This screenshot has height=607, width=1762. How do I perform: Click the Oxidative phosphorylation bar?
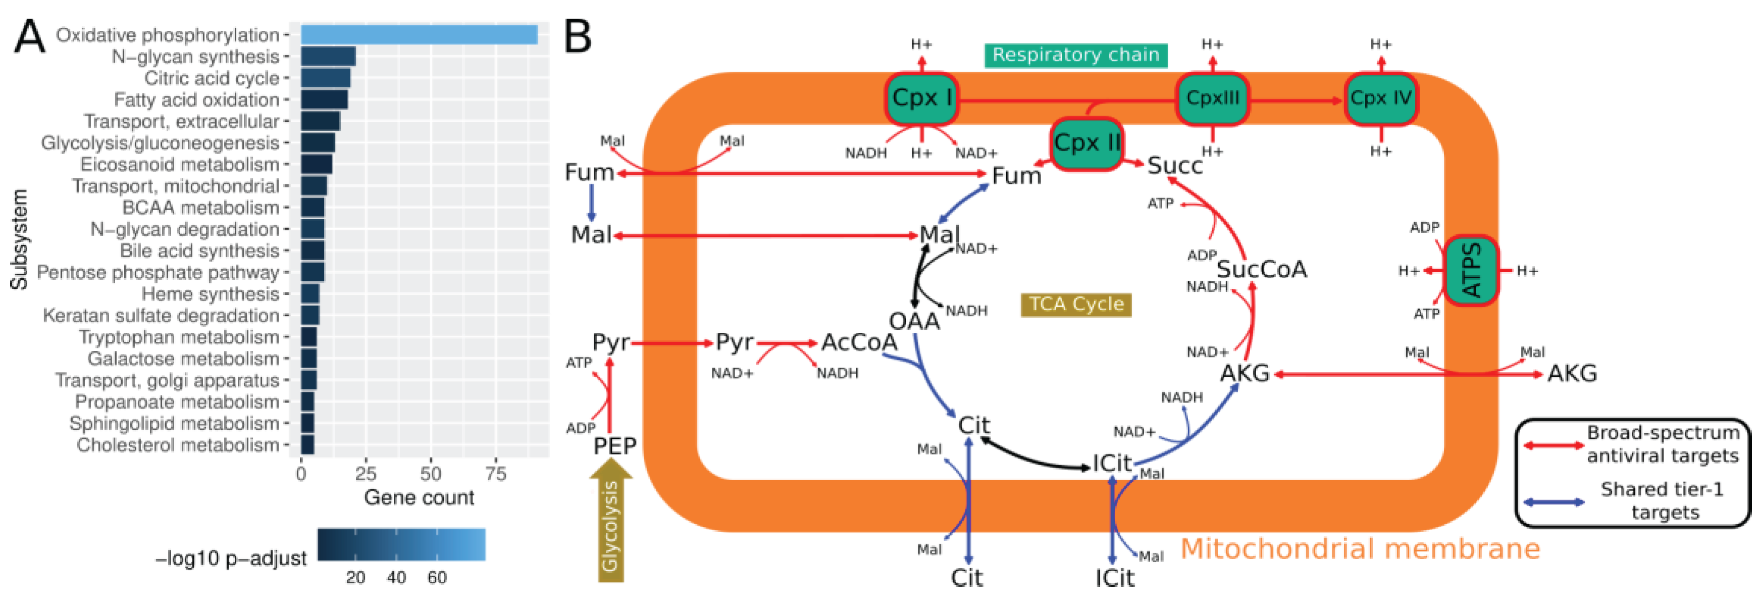[x=419, y=34]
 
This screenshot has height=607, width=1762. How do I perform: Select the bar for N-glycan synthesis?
[x=328, y=56]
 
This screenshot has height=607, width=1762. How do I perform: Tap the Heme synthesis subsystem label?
[x=210, y=294]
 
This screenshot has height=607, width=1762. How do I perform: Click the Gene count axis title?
[x=419, y=497]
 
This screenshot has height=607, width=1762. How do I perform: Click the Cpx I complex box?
[x=921, y=98]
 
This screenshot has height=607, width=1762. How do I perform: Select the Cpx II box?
[x=1086, y=143]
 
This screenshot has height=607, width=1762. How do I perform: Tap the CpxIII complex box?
[x=1212, y=98]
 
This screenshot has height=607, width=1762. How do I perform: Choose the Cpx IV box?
[x=1380, y=98]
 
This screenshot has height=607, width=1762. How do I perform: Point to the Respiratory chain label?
[x=1075, y=55]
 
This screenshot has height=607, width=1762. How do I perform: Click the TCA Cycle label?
[x=1076, y=304]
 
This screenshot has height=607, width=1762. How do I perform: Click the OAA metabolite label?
[x=914, y=320]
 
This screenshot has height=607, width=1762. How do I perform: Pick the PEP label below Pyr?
[x=614, y=446]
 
